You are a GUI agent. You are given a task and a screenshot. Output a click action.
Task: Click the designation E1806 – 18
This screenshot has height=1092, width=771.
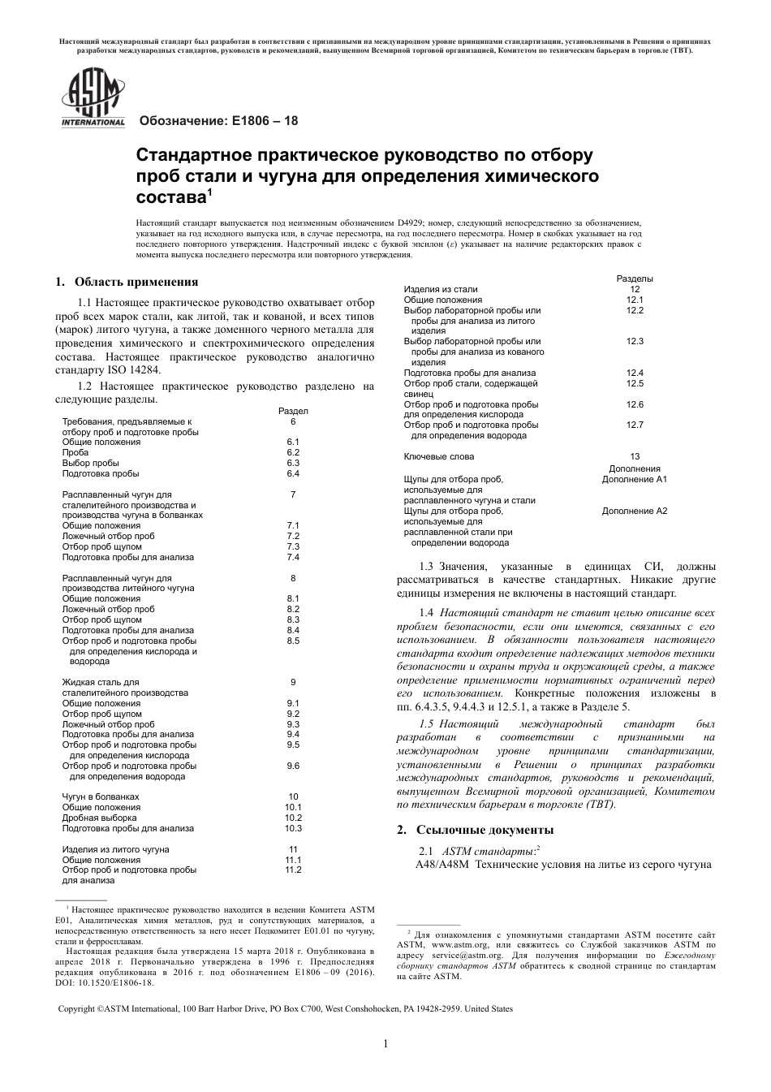point(219,121)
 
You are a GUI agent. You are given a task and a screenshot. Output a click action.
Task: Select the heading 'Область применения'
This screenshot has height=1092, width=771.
point(136,283)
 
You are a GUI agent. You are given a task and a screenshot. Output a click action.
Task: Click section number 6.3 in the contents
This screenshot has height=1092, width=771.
point(293,463)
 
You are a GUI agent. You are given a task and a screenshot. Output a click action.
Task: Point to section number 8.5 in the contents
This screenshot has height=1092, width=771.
point(293,641)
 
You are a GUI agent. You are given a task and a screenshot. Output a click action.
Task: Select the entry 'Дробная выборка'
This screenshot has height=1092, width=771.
point(97,818)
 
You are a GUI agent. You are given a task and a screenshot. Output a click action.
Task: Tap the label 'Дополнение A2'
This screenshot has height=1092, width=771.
point(634,511)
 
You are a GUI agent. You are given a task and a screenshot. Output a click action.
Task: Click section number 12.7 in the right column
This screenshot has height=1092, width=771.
point(635,425)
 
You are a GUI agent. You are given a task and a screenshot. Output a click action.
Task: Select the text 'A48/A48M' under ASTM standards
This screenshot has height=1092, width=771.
point(441,864)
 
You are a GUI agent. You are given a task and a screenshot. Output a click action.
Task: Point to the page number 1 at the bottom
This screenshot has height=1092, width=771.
point(385,1043)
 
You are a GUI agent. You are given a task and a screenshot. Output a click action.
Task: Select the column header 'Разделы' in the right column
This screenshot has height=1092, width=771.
point(635,278)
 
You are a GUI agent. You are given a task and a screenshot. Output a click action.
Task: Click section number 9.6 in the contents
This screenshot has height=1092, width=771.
point(293,766)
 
